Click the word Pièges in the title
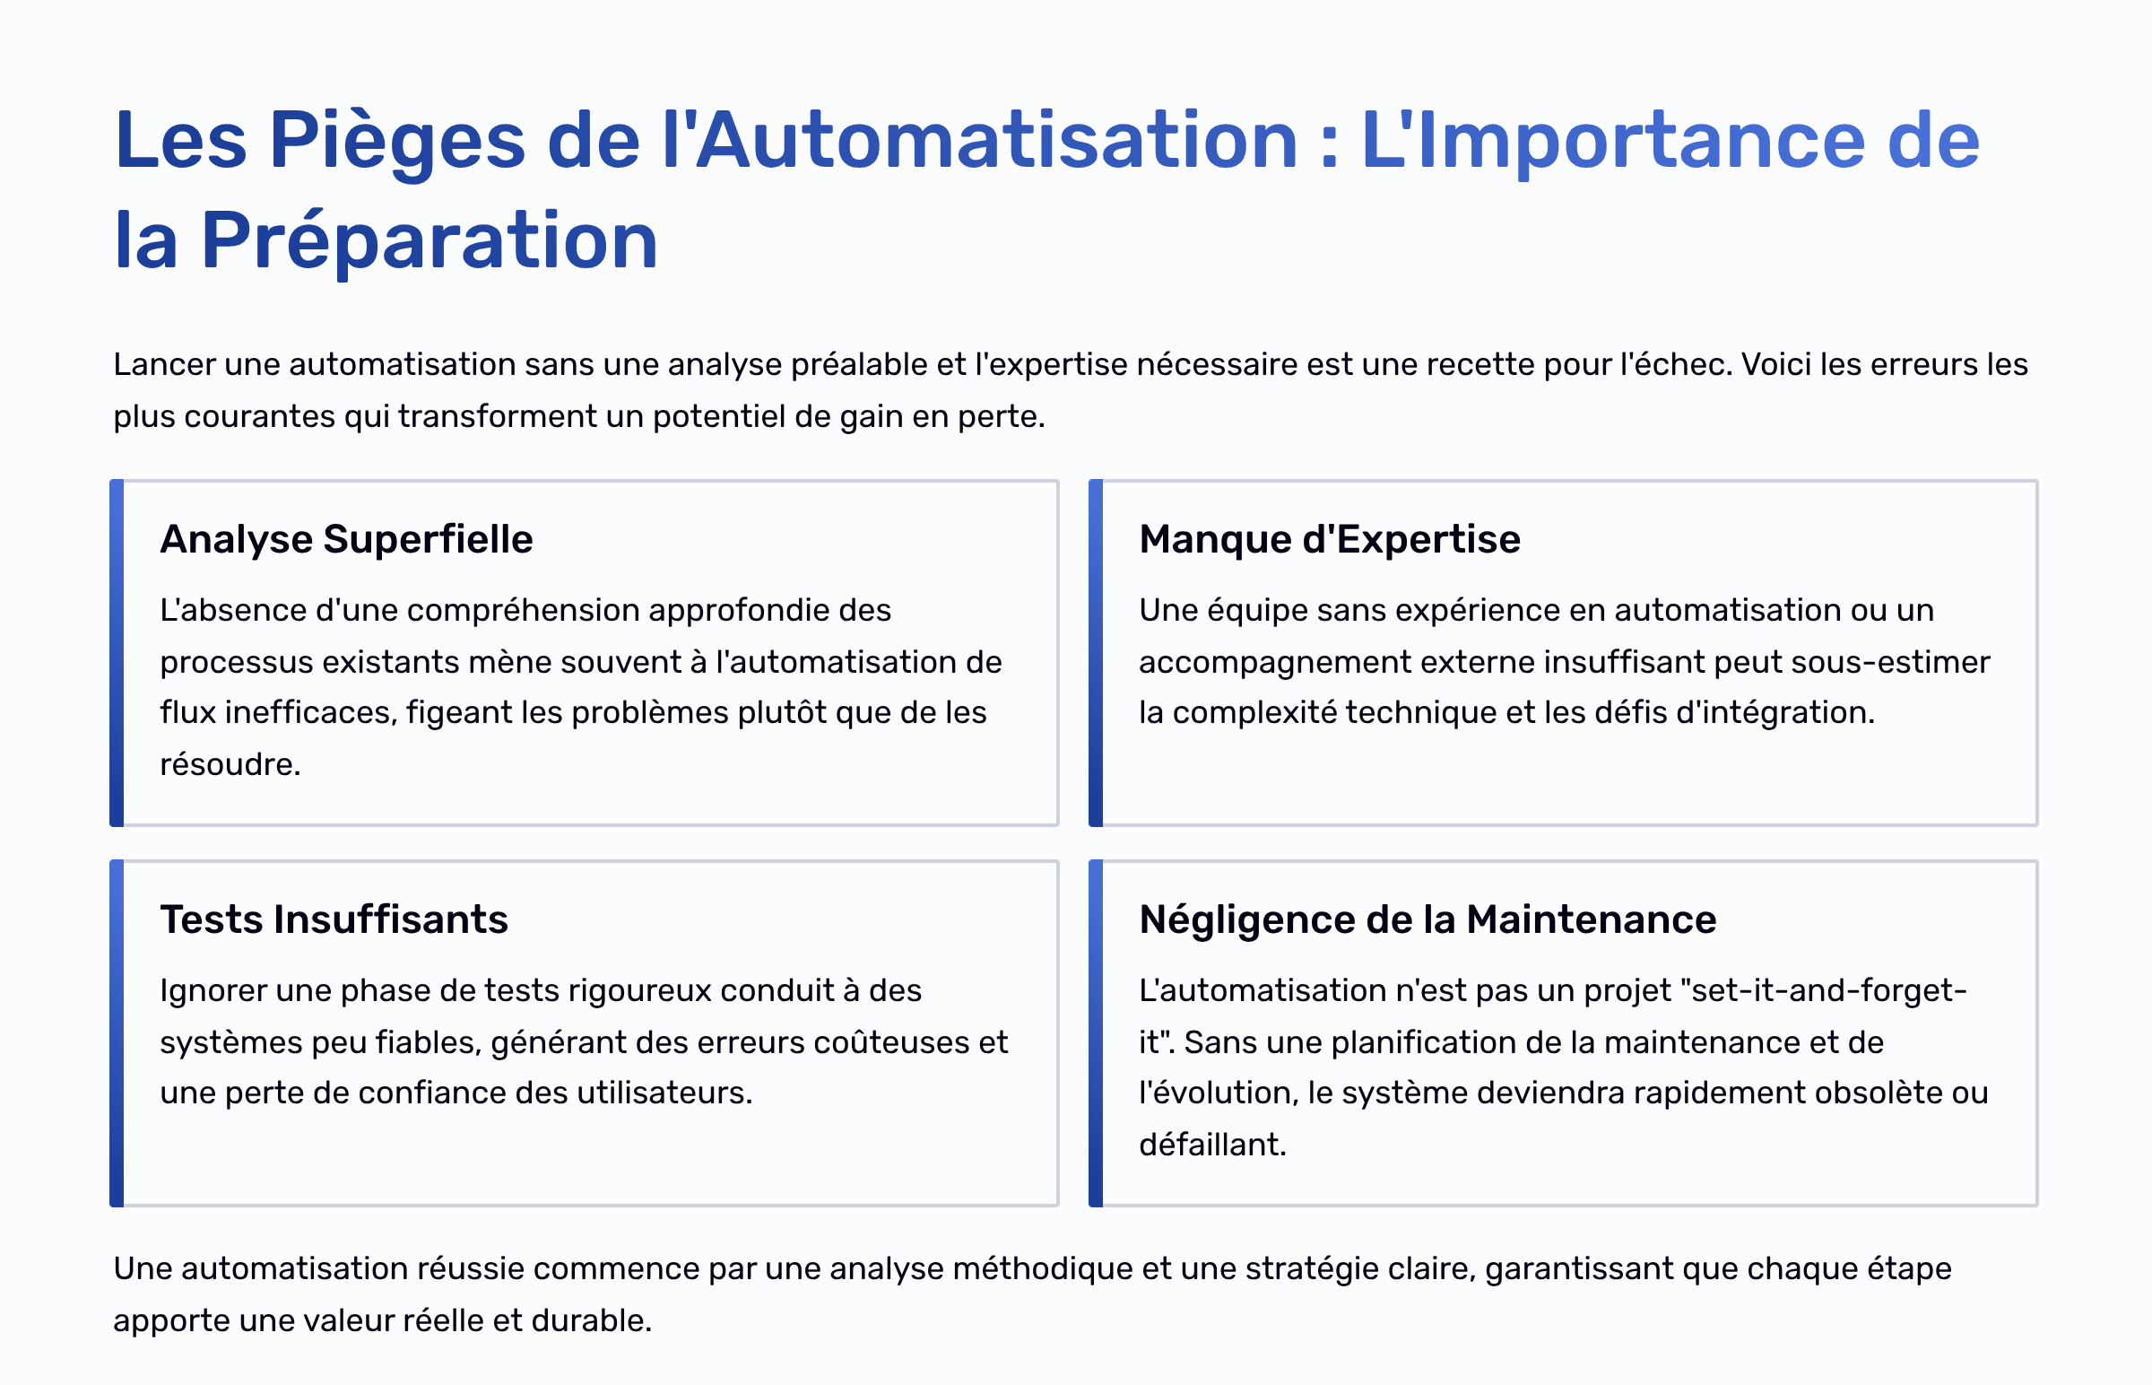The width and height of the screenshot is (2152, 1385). (396, 142)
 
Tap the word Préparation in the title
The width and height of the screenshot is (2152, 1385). (430, 241)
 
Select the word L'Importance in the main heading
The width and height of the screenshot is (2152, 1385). (1612, 142)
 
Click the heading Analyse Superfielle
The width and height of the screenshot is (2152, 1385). (346, 540)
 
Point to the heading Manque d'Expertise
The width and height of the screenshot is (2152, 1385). (1330, 540)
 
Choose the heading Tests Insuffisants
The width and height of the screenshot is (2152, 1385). (334, 920)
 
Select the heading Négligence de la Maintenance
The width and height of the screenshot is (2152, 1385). (1427, 920)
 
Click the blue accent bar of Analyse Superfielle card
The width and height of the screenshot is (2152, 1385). (117, 653)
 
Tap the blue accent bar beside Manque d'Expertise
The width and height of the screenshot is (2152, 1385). (1096, 653)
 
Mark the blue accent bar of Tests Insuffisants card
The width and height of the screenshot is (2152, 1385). (117, 1033)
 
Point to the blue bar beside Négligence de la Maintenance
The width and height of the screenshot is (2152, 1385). (1096, 1033)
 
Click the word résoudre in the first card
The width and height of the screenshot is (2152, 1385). (230, 764)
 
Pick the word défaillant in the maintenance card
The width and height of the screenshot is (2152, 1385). (1212, 1145)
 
